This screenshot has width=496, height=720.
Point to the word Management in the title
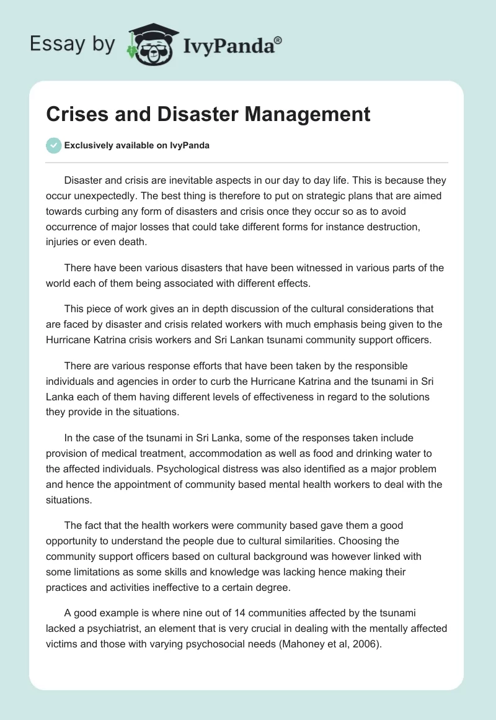[x=313, y=114]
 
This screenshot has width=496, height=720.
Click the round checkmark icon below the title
[x=53, y=145]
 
